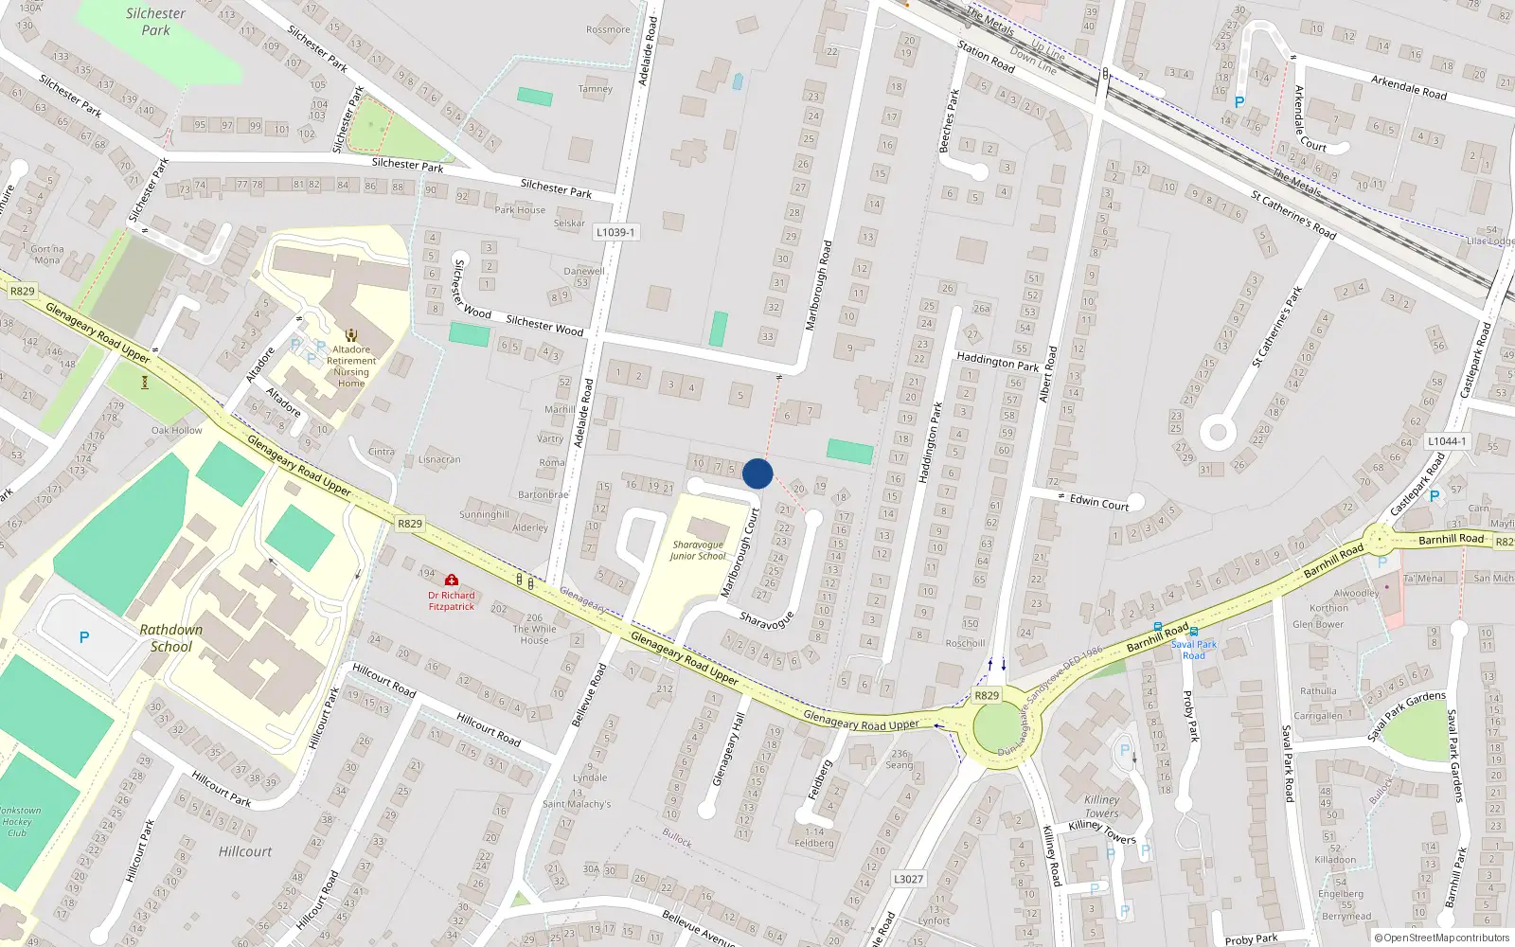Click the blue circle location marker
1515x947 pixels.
click(757, 473)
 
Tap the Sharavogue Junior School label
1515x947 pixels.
click(698, 550)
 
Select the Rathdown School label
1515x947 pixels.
click(170, 638)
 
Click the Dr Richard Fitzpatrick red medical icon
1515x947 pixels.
click(452, 580)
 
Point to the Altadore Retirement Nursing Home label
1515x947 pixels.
click(351, 366)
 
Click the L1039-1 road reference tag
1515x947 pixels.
click(615, 232)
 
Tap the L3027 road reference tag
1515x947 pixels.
click(908, 879)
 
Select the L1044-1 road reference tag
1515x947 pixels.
click(1447, 441)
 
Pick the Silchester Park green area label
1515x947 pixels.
click(156, 22)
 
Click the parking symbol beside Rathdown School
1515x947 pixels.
click(84, 637)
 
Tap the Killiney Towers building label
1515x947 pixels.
click(1101, 806)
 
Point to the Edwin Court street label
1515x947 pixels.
click(1099, 503)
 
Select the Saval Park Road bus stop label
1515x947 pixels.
click(1194, 650)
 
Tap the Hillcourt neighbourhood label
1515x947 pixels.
click(245, 851)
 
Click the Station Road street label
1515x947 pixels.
click(986, 56)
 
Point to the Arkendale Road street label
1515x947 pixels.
click(1409, 87)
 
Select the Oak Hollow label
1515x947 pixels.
click(177, 430)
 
